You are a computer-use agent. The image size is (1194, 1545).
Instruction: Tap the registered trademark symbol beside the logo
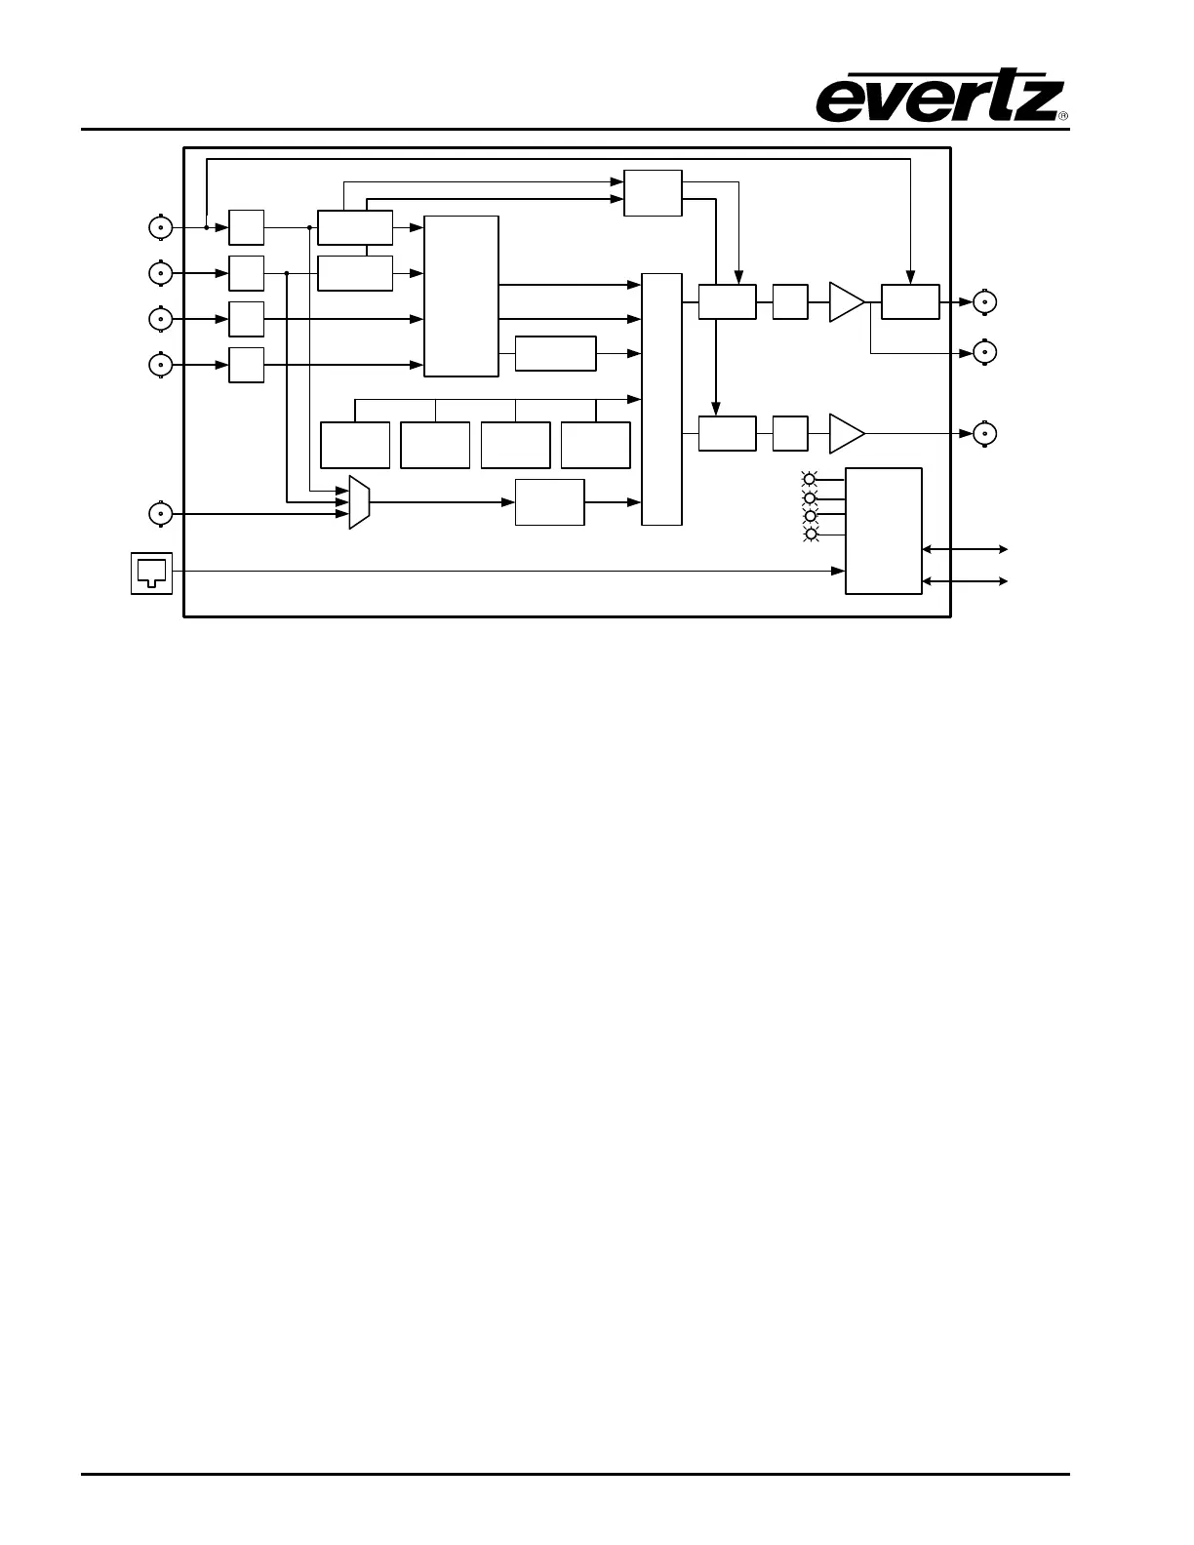(1063, 116)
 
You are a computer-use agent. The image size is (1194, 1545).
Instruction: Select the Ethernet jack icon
(151, 573)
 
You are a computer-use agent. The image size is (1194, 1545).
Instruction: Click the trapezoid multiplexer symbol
(359, 502)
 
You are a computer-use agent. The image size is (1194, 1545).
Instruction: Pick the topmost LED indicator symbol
(809, 479)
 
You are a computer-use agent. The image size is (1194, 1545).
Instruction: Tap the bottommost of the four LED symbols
(809, 534)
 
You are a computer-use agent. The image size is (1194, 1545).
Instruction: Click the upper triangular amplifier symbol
(845, 301)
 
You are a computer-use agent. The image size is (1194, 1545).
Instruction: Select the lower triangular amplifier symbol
(845, 433)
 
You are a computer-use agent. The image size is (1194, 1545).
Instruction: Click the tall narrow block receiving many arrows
(661, 399)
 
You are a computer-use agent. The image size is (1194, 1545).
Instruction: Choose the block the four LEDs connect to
(883, 531)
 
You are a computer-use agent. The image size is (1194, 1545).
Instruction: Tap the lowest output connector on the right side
(987, 433)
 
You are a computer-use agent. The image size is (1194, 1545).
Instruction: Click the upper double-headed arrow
(965, 550)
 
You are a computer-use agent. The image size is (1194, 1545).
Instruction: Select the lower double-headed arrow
(965, 581)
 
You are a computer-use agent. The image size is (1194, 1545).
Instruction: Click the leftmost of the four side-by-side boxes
(355, 445)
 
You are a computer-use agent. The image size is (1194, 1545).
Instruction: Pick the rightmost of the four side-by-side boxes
(595, 445)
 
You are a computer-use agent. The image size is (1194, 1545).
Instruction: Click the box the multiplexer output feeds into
(549, 502)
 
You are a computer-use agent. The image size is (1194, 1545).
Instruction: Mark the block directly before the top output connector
(910, 301)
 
